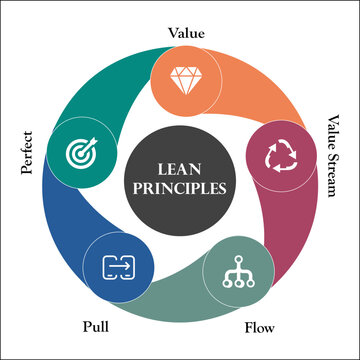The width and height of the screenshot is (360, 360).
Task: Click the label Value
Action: click(186, 32)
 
